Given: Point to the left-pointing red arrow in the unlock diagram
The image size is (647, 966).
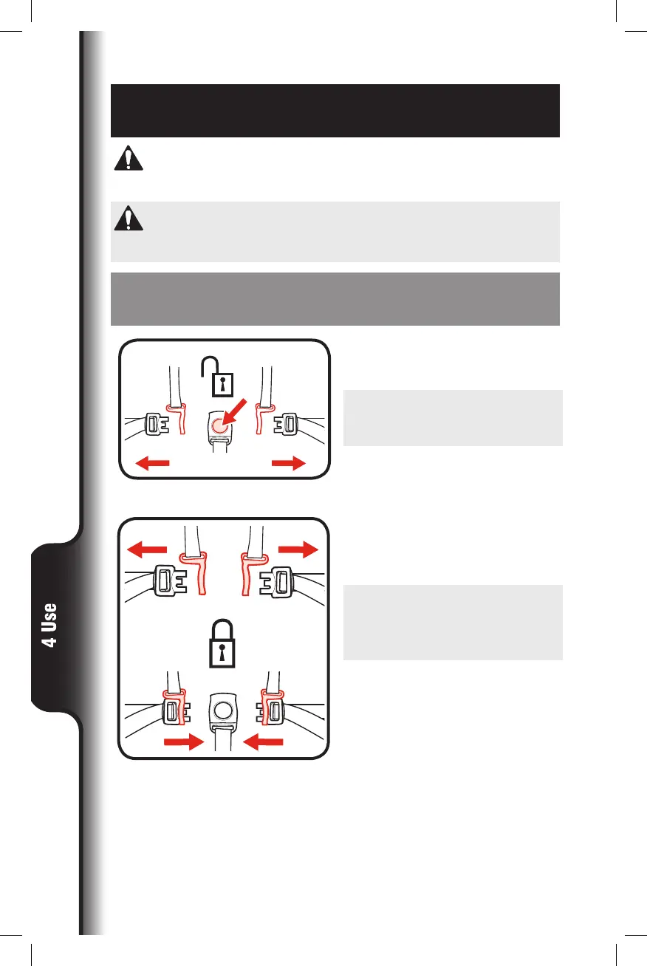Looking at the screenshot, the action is [x=151, y=463].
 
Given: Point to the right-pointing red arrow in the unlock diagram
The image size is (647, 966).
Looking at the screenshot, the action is [x=288, y=463].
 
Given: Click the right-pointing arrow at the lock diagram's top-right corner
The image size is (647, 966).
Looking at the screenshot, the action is [x=298, y=549].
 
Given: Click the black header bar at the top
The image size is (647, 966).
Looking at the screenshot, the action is [x=335, y=111].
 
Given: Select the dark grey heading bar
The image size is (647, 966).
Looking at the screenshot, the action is [x=335, y=298].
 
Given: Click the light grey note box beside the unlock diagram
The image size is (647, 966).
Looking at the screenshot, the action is [x=453, y=418].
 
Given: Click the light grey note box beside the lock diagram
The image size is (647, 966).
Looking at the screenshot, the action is [x=453, y=623].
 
